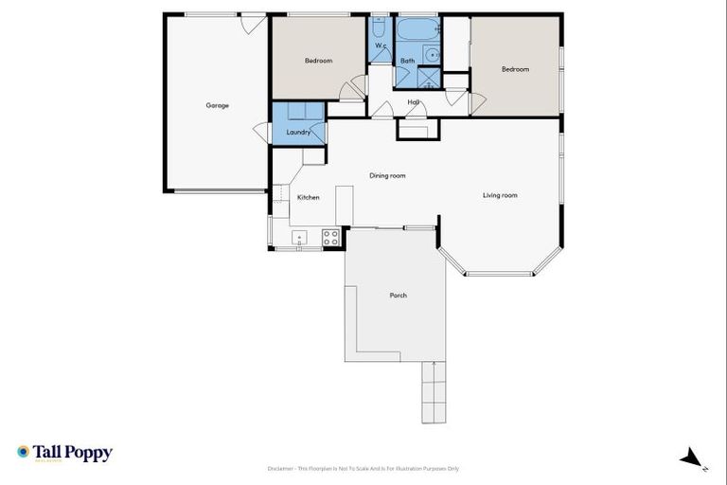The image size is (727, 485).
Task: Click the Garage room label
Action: (x=217, y=105)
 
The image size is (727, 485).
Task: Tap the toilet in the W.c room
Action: (x=379, y=27)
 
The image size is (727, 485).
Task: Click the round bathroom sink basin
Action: (x=430, y=55)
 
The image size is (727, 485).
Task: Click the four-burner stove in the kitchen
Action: (x=331, y=238)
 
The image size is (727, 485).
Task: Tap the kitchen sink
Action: (x=300, y=238)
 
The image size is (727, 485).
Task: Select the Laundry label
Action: (x=298, y=133)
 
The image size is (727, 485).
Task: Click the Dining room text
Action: (x=387, y=175)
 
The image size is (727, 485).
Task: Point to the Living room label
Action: (x=500, y=195)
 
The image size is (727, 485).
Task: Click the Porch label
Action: (x=399, y=296)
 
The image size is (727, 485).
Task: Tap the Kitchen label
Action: (x=308, y=197)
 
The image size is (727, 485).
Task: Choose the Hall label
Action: (x=414, y=101)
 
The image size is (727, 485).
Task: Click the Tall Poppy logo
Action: (x=64, y=453)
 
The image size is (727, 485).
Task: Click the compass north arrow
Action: (x=693, y=458)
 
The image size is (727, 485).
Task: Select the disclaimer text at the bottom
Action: (x=363, y=468)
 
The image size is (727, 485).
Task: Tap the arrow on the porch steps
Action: (x=434, y=364)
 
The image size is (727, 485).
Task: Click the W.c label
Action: (x=381, y=45)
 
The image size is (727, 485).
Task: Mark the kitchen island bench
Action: (x=344, y=205)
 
